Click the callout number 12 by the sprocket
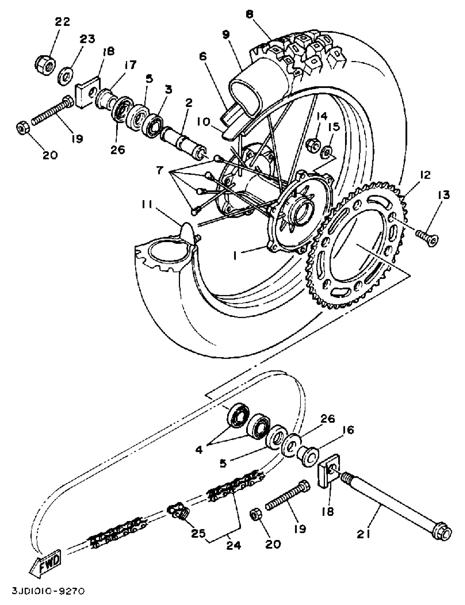(425, 176)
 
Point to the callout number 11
(147, 205)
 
